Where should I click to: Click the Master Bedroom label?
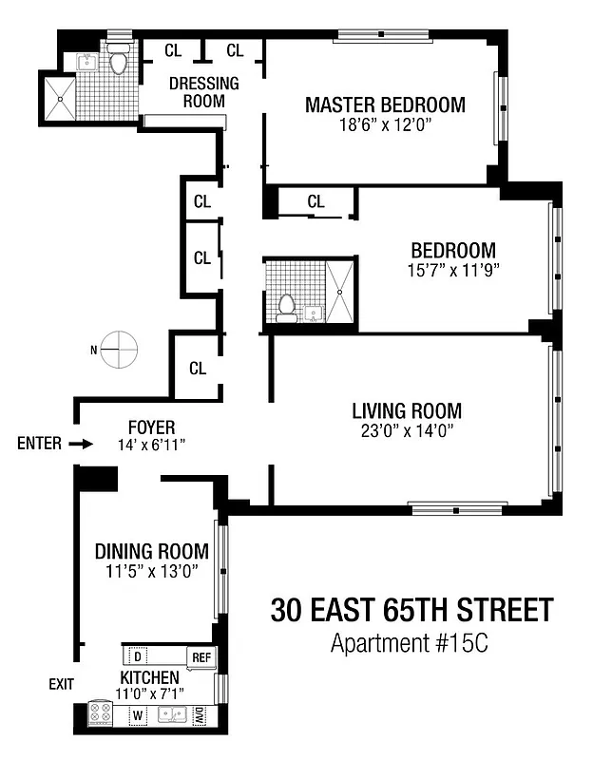pyautogui.click(x=385, y=104)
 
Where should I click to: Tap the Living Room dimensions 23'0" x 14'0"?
pyautogui.click(x=407, y=430)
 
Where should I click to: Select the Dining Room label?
pyautogui.click(x=151, y=552)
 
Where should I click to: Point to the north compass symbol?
pyautogui.click(x=119, y=349)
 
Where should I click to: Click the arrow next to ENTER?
pyautogui.click(x=82, y=444)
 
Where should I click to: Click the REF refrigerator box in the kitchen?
pyautogui.click(x=201, y=656)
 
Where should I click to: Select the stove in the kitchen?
pyautogui.click(x=101, y=714)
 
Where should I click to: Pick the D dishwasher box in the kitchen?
pyautogui.click(x=138, y=656)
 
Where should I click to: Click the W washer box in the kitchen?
pyautogui.click(x=138, y=714)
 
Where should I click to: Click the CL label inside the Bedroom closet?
pyautogui.click(x=316, y=201)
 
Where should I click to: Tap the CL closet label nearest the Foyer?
pyautogui.click(x=198, y=368)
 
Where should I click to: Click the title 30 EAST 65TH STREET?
pyautogui.click(x=411, y=610)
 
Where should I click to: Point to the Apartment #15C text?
pyautogui.click(x=409, y=643)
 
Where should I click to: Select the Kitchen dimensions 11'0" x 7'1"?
pyautogui.click(x=150, y=693)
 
